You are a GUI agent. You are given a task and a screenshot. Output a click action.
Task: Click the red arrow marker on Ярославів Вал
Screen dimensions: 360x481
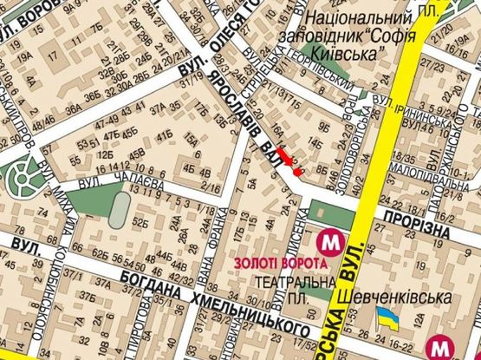[292, 163]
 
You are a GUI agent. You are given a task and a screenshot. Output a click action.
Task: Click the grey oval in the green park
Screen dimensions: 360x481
[120, 210]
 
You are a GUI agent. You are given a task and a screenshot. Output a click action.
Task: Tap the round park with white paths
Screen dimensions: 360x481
[20, 175]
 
